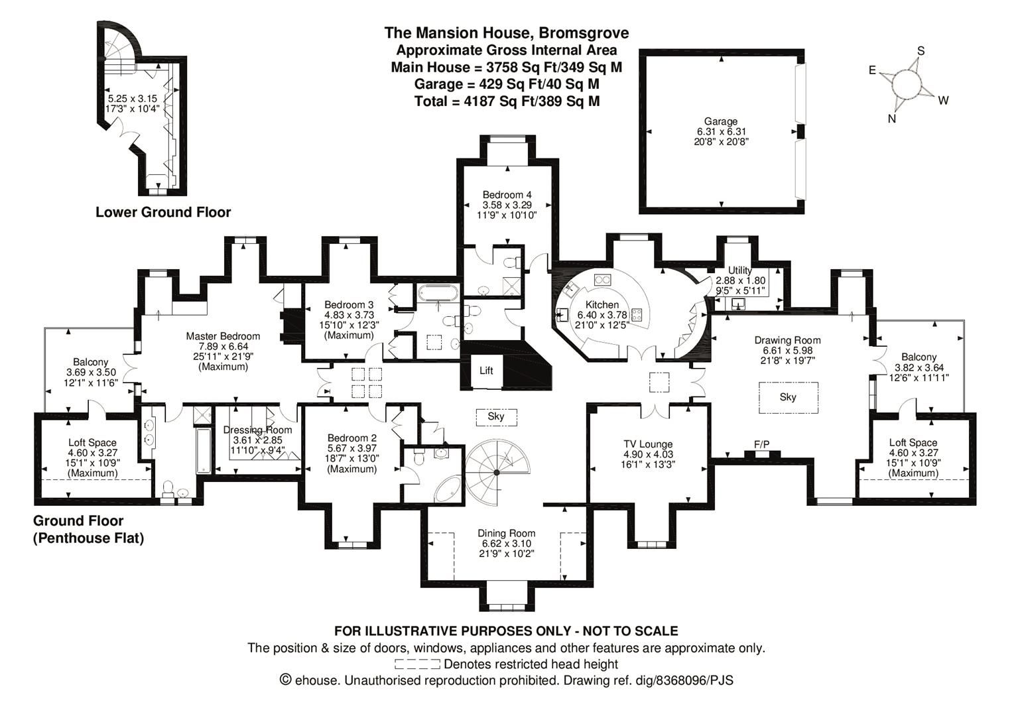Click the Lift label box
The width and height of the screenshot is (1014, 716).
486,371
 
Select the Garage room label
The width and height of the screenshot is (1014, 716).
720,121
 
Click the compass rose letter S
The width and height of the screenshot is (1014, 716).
920,51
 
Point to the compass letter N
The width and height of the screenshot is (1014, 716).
891,119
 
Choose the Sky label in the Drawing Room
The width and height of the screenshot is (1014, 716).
788,397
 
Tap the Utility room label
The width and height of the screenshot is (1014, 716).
739,270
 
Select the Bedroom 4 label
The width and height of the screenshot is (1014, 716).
507,195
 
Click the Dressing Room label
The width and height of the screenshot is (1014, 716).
257,430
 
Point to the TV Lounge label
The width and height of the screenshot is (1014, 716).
647,444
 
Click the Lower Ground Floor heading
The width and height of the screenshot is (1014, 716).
163,212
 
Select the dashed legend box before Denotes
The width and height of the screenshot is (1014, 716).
417,664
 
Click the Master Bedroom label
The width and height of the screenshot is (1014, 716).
223,336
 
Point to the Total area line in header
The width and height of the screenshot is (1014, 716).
507,101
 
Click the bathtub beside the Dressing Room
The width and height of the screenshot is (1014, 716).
204,451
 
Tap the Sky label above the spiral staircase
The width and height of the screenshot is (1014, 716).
496,416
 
